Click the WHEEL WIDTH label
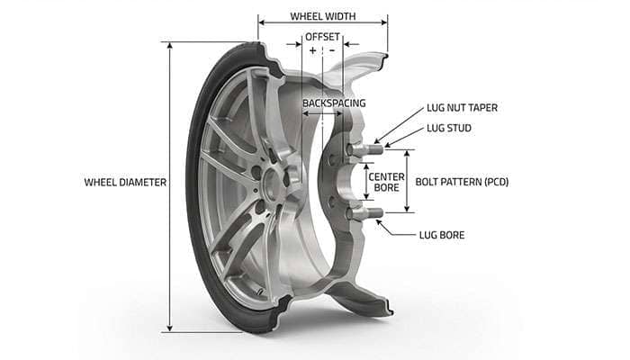coord(322,16)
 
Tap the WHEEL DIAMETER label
coord(125,182)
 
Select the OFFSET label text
coord(322,36)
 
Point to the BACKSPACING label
coord(334,103)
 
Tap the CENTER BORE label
coord(386,183)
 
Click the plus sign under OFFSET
coord(312,51)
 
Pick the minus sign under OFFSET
coord(332,51)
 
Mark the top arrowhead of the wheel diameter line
coord(169,44)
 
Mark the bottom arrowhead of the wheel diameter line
coord(169,328)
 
